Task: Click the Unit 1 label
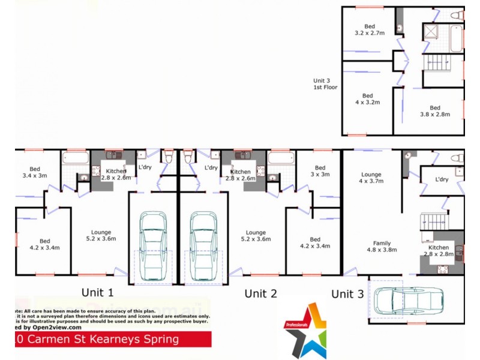click(97, 293)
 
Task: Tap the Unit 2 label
click(260, 293)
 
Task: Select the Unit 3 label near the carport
click(347, 294)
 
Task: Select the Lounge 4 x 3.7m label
click(370, 178)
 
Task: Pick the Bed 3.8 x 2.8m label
click(434, 111)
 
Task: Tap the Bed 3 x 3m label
click(320, 172)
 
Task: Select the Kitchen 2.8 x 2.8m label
click(438, 251)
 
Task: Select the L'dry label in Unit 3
click(442, 179)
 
